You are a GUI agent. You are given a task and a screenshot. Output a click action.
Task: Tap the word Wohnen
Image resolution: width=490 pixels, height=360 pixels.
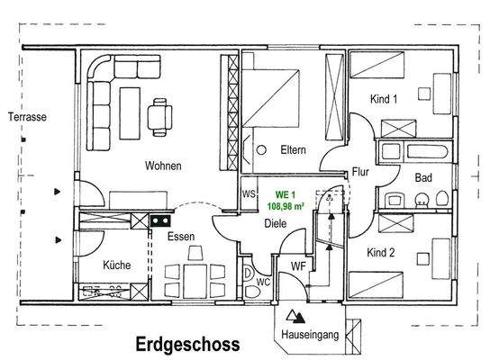click(163, 166)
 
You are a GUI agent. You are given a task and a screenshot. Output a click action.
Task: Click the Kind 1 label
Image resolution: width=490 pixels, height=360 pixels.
click(383, 100)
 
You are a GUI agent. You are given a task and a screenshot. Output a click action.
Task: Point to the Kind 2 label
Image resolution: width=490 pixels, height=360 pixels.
click(382, 253)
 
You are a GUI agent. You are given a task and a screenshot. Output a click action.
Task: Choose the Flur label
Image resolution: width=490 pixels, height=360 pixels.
click(362, 170)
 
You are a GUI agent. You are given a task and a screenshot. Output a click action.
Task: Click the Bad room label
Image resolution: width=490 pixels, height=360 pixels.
click(423, 178)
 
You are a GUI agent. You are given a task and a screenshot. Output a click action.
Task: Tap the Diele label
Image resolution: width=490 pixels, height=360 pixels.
click(275, 225)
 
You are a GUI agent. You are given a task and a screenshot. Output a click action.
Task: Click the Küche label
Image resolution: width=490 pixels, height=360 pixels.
click(117, 265)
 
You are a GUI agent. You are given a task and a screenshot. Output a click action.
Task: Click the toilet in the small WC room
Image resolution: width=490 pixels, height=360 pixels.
click(249, 274)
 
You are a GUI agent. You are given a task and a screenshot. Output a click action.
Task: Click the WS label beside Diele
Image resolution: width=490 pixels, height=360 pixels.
click(250, 193)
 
